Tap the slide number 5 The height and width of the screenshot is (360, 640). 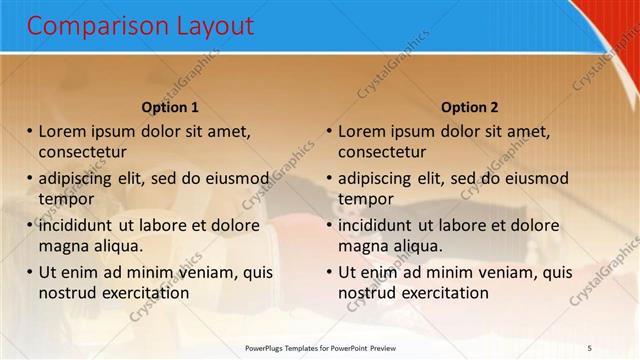[590, 347]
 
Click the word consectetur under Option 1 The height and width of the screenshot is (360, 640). [82, 153]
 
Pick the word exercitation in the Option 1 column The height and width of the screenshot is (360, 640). [145, 293]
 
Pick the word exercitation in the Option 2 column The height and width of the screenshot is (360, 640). [444, 293]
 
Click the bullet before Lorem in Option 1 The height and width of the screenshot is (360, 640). [30, 131]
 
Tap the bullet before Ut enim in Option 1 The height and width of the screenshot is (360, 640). [30, 272]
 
